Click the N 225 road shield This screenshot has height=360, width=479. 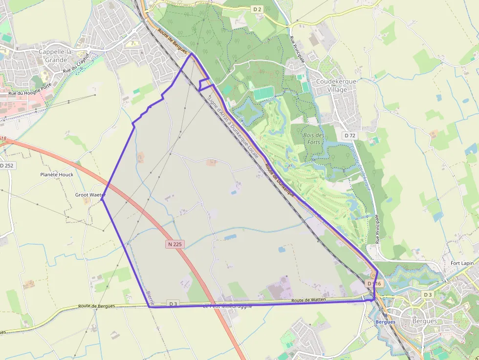point(174,244)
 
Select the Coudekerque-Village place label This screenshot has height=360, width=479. point(337,85)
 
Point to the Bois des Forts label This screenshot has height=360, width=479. point(314,138)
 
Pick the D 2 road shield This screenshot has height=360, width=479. point(258,9)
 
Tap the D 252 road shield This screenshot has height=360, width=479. point(7,166)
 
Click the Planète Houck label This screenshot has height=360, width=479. point(57,174)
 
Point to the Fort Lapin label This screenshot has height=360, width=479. point(462,263)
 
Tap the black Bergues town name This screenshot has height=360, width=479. point(425,321)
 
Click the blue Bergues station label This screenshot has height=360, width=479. point(385,322)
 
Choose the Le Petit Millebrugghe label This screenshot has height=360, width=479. point(228,306)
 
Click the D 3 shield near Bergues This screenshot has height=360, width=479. point(428,295)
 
